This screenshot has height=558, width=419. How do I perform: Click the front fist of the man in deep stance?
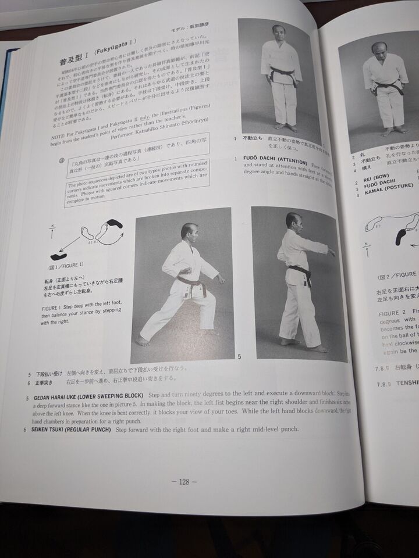pos(222,280)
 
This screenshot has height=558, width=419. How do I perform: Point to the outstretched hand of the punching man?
pos(331,252)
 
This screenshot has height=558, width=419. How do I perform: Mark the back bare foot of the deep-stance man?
pos(142,341)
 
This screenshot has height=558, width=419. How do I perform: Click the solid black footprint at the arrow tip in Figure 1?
pos(59,256)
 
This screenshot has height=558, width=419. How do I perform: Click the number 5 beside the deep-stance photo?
pos(239,355)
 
